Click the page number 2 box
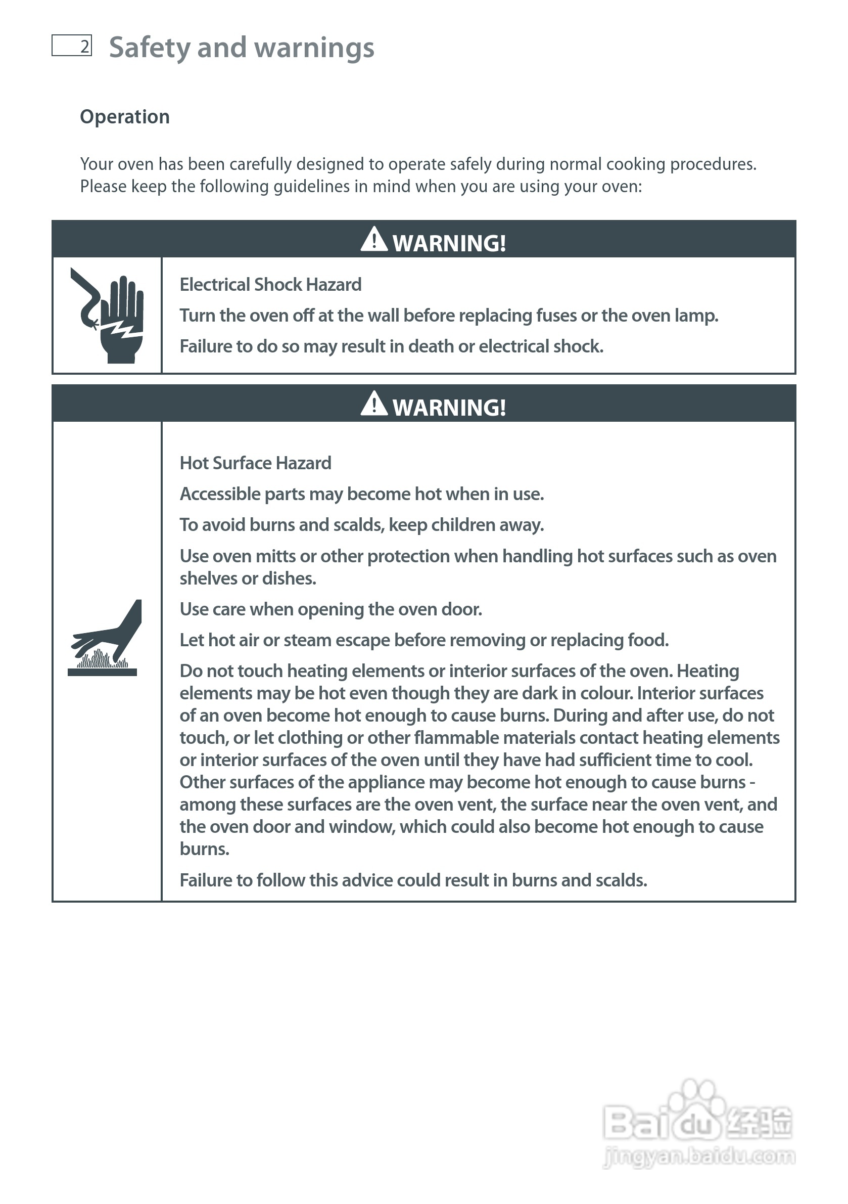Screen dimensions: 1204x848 coord(72,46)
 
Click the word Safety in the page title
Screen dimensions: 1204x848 coord(149,48)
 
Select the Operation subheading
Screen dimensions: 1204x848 coord(125,116)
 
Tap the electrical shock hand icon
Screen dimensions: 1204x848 coord(108,316)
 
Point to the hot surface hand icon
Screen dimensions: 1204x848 coord(105,638)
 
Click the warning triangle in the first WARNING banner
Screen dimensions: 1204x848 coord(373,240)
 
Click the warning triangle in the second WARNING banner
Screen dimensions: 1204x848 coord(373,405)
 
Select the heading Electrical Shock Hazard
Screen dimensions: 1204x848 coord(270,285)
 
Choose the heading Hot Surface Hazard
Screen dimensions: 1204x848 coord(255,463)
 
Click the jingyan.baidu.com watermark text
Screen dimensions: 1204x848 coord(699,1156)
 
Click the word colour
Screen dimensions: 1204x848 coord(604,693)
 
